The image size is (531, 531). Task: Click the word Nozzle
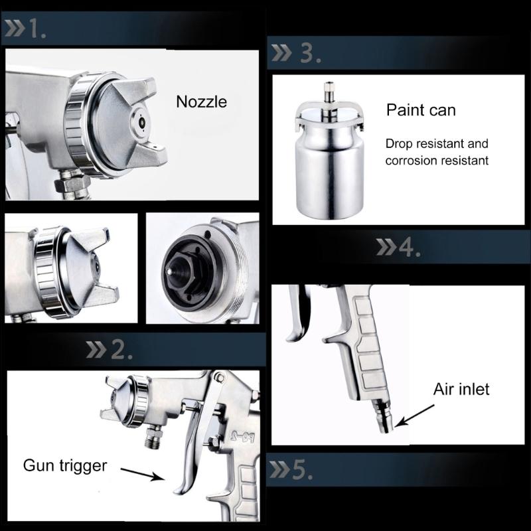(201, 102)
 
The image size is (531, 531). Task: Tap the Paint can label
(421, 110)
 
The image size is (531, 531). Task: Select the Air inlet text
(461, 388)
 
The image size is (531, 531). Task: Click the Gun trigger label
(65, 465)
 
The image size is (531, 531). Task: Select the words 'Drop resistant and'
(437, 143)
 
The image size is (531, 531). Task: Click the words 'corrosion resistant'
(437, 160)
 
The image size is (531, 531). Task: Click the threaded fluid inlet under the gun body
(152, 437)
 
